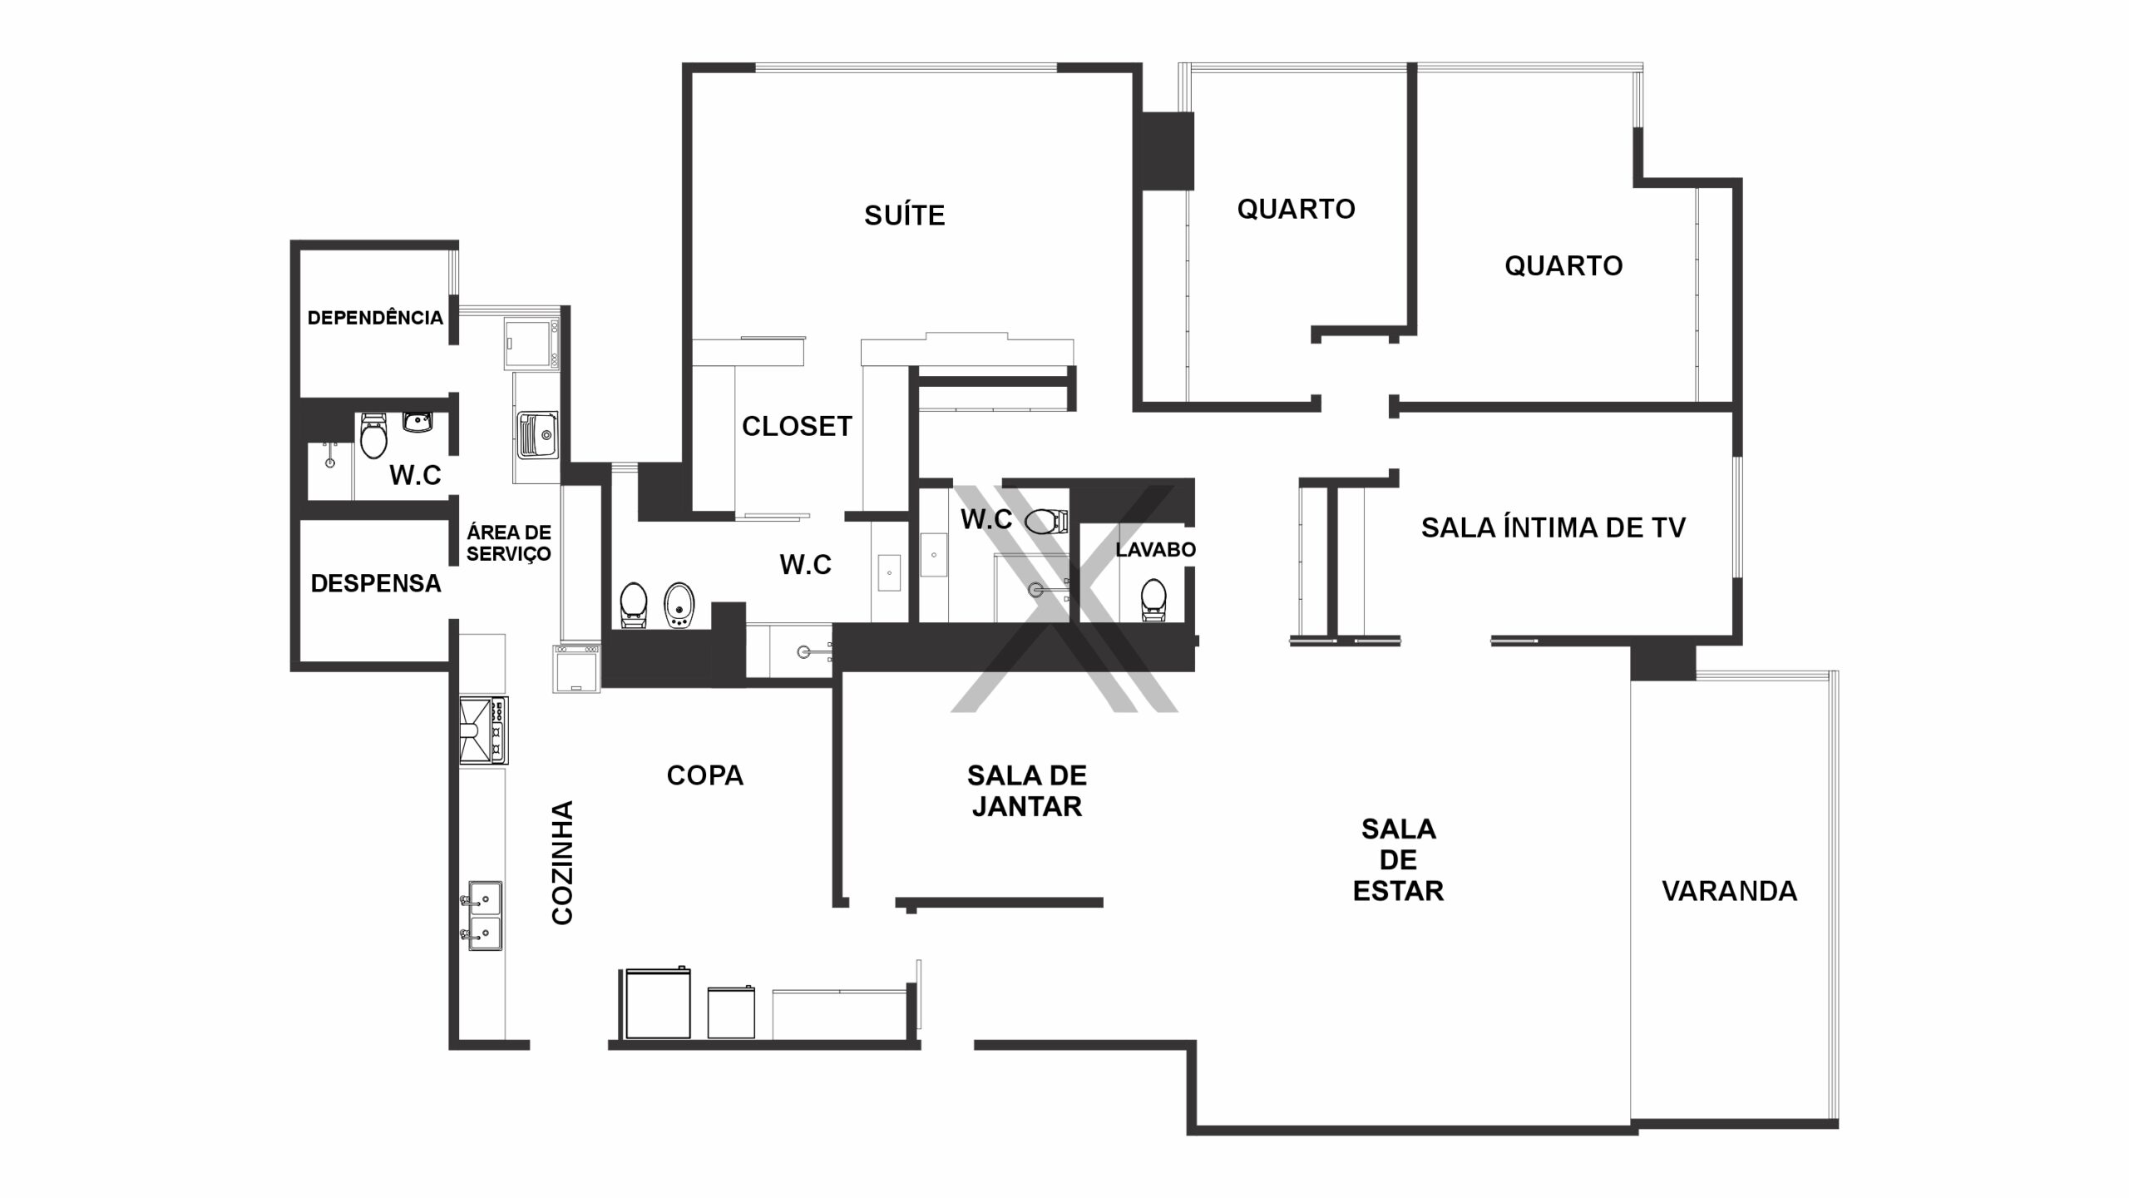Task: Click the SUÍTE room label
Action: [x=905, y=215]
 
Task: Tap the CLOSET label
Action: [x=797, y=426]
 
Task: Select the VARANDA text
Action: [x=1729, y=891]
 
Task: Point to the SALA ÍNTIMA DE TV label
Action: [x=1553, y=527]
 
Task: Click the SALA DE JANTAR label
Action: [x=1027, y=791]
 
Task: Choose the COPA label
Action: [x=705, y=775]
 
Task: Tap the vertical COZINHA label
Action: [x=563, y=863]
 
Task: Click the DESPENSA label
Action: [x=376, y=583]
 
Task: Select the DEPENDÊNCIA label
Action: [x=375, y=317]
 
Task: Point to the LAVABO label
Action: [x=1155, y=549]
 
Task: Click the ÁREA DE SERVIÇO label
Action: [x=508, y=542]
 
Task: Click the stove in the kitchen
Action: [x=483, y=730]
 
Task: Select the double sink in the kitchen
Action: [x=482, y=916]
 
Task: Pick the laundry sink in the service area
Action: [x=536, y=435]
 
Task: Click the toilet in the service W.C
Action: [x=373, y=435]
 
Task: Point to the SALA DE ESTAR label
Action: [x=1398, y=859]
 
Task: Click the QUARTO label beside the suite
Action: [x=1296, y=208]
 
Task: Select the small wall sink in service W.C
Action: [x=417, y=422]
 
